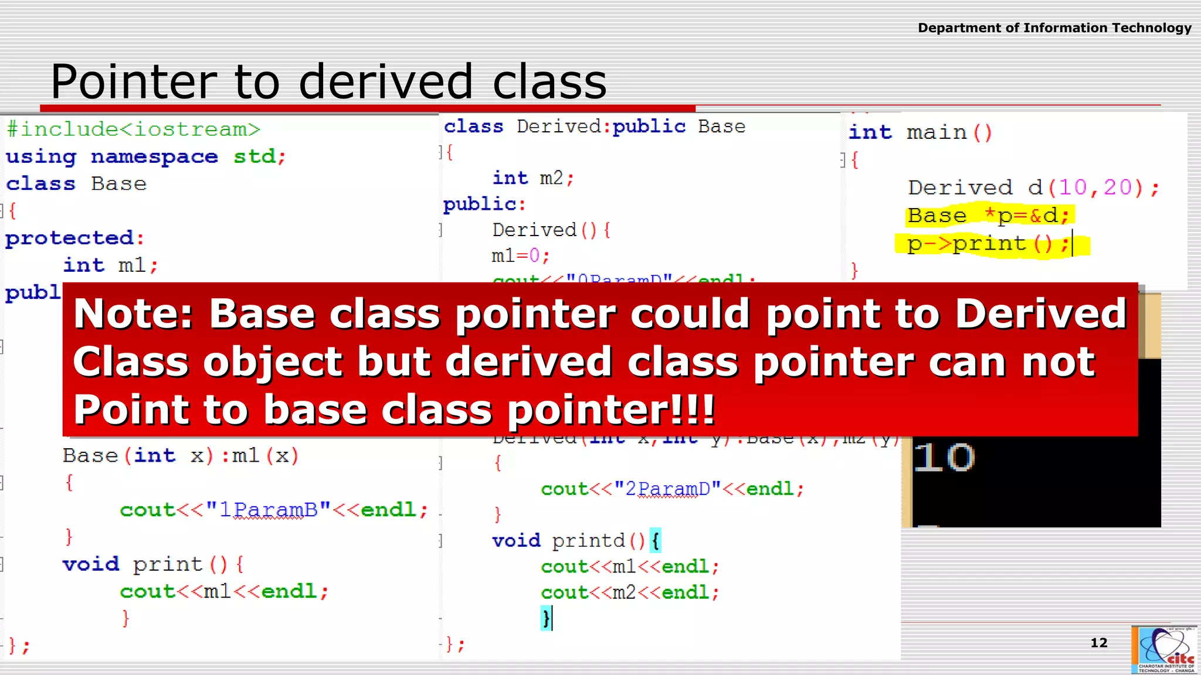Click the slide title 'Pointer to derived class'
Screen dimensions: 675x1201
point(328,81)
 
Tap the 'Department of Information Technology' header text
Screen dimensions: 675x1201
point(1054,28)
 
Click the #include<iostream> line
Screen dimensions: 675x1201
point(133,129)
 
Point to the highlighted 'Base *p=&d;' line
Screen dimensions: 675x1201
point(988,216)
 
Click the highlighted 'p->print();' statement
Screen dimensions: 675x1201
point(988,244)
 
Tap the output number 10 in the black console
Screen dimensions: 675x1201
point(944,458)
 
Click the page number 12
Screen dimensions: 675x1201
point(1099,643)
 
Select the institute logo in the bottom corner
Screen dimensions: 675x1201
point(1165,649)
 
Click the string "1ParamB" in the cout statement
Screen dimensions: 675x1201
point(269,510)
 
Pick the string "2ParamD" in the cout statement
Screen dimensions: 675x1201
point(668,489)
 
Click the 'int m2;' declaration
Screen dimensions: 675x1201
point(533,178)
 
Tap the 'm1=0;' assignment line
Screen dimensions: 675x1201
point(520,256)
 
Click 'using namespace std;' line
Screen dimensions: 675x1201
point(145,156)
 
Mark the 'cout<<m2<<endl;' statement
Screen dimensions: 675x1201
point(629,592)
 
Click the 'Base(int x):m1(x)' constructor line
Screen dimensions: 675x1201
point(181,456)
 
